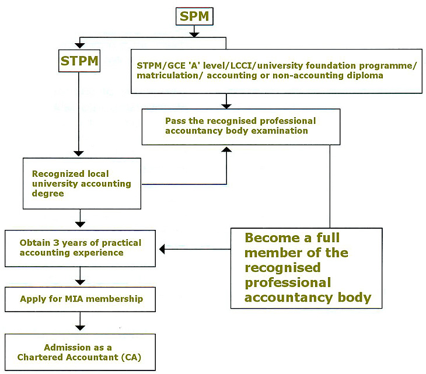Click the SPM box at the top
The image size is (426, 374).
(x=194, y=16)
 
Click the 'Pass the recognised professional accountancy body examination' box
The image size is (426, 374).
(x=240, y=126)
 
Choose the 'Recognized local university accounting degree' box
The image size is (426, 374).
(x=82, y=183)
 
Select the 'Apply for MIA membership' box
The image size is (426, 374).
(x=81, y=299)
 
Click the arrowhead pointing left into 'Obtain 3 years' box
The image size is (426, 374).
(x=163, y=249)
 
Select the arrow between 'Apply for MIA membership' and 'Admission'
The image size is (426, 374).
(x=81, y=322)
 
